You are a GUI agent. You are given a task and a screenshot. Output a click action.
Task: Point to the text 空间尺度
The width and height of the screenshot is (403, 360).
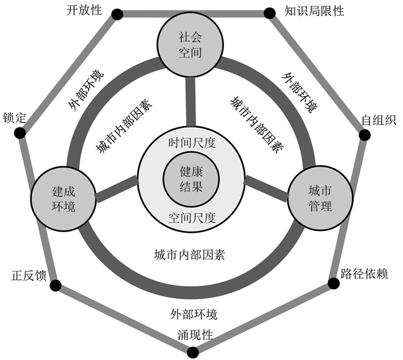tap(192, 218)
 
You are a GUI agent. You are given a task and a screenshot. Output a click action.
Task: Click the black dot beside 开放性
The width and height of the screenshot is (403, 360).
tap(117, 14)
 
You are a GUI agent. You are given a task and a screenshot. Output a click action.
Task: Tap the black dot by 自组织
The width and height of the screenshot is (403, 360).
tap(364, 135)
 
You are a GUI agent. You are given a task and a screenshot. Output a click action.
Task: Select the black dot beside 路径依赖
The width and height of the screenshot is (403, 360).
tap(333, 284)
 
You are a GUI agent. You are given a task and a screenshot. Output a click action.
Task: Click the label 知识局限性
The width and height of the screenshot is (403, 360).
tap(314, 11)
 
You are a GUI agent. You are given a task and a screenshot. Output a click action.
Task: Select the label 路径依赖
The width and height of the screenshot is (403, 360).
tap(367, 273)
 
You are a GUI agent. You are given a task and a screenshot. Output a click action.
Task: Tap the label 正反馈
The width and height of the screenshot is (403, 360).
tap(28, 275)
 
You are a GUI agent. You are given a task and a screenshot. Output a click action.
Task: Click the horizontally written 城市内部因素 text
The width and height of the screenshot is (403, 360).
tap(189, 254)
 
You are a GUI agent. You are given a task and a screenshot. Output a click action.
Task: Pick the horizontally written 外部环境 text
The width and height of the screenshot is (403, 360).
tap(194, 315)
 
